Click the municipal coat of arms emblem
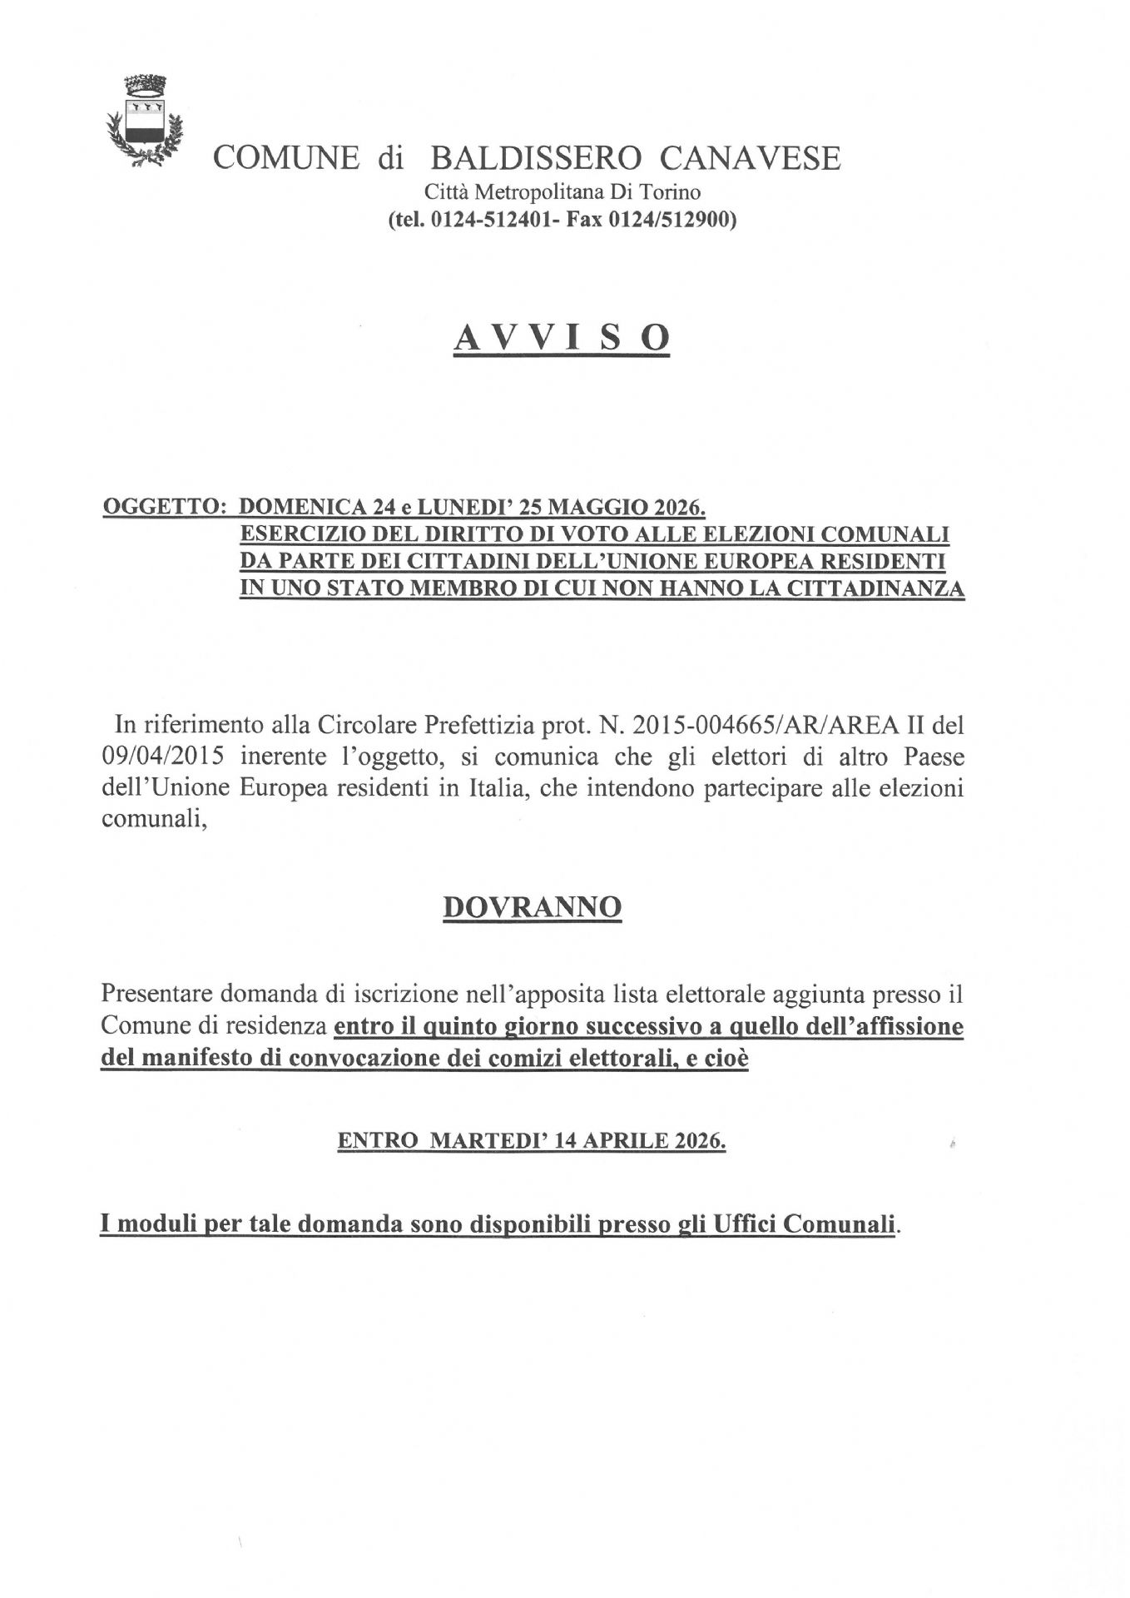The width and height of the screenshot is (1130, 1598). (x=144, y=122)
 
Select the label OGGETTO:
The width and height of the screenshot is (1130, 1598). (x=165, y=508)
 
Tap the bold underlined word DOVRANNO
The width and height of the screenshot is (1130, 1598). (x=531, y=906)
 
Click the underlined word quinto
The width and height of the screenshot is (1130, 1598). (x=460, y=1026)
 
